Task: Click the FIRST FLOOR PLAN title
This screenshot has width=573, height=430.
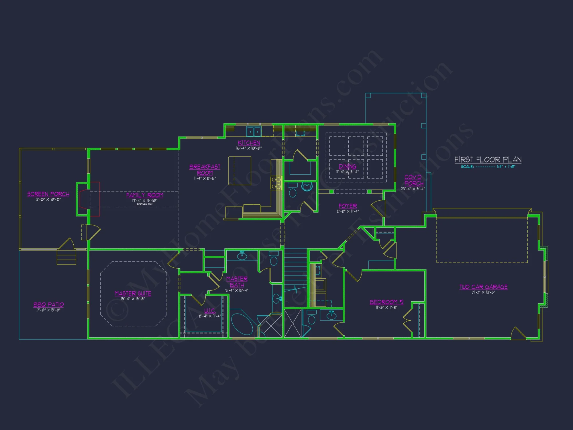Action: (x=488, y=159)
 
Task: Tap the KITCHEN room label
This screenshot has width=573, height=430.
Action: (x=249, y=143)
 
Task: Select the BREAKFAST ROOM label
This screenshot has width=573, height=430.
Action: (x=205, y=170)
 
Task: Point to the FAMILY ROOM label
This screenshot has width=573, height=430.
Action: (x=145, y=195)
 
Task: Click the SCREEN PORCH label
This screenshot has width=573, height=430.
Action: (x=48, y=194)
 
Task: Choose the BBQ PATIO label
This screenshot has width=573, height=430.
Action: (x=48, y=304)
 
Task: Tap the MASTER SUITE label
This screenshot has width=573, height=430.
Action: (x=133, y=293)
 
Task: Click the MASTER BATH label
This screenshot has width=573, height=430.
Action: (x=237, y=282)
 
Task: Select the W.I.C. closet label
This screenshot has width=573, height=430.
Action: (x=210, y=311)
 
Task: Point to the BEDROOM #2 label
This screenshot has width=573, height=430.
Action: (x=386, y=302)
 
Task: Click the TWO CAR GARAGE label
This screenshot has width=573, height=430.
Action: (x=483, y=287)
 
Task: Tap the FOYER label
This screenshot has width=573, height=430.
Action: (x=348, y=206)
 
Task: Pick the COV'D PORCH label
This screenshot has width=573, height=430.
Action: (x=413, y=180)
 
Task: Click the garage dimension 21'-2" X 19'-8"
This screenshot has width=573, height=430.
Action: (x=483, y=292)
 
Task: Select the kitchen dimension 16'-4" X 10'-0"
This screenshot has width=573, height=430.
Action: (x=249, y=148)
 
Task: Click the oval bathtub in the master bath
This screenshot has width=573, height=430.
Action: (x=242, y=324)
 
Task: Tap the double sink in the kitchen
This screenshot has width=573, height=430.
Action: (x=254, y=132)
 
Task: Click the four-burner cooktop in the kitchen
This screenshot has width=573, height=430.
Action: (x=276, y=183)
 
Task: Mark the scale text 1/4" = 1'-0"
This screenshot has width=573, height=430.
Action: (x=506, y=167)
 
